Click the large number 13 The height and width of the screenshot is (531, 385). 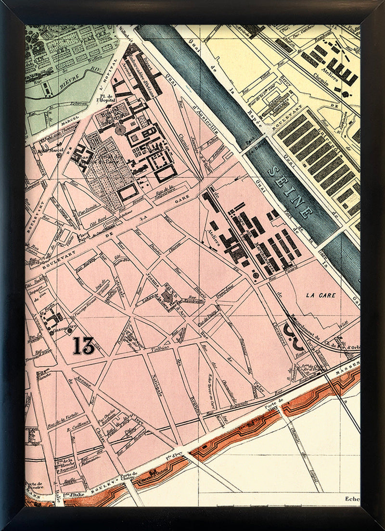(x=84, y=345)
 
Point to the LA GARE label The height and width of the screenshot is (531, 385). (x=320, y=294)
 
